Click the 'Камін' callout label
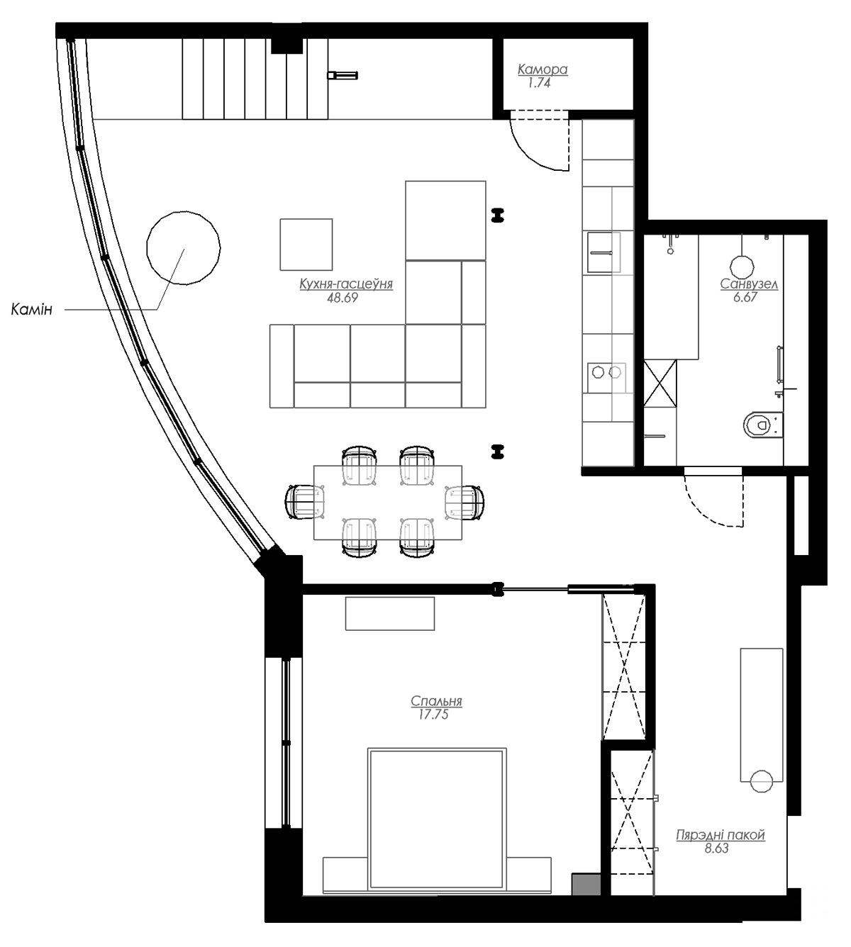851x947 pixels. click(32, 310)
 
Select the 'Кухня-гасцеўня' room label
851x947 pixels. click(345, 284)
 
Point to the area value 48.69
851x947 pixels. click(343, 298)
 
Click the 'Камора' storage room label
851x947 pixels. click(543, 69)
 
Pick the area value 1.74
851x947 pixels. click(539, 82)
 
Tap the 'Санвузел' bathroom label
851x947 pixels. click(749, 284)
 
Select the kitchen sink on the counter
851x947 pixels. click(603, 252)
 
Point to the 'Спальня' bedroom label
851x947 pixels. click(436, 701)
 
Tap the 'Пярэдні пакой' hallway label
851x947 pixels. click(721, 835)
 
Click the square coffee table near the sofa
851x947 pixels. click(306, 245)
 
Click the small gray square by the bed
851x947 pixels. click(586, 883)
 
